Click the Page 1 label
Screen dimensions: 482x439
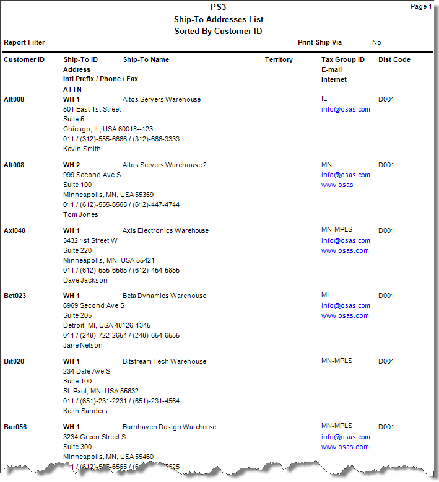[x=421, y=7]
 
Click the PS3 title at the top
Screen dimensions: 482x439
[x=219, y=8]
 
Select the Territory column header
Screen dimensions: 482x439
[x=279, y=60]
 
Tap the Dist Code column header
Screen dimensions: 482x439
[x=394, y=60]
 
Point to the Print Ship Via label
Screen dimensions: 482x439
[x=319, y=43]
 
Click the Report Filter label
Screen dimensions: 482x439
[x=24, y=43]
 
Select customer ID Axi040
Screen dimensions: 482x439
[x=15, y=231]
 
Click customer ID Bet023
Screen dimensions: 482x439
[x=15, y=296]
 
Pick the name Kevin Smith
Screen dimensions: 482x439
[x=82, y=149]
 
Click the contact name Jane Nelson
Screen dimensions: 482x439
[x=83, y=346]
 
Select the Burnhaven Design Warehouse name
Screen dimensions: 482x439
[x=169, y=427]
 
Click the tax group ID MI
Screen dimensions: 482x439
[x=325, y=296]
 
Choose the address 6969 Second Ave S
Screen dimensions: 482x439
[x=93, y=306]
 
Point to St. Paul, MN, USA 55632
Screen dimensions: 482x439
[x=101, y=392]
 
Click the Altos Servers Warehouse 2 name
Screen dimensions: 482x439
[x=165, y=165]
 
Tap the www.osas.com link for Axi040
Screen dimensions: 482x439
[x=345, y=251]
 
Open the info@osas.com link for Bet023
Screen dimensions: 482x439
[x=346, y=306]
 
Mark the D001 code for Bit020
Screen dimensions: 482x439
[x=386, y=362]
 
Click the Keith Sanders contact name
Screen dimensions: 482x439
[x=85, y=411]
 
